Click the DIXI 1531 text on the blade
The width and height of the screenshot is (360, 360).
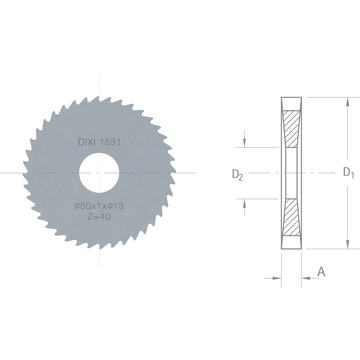coord(99,142)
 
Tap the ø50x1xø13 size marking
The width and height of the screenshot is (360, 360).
coord(99,206)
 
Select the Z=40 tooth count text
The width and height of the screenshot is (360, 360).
coord(99,217)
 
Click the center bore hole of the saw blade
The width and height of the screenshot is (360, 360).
coord(99,173)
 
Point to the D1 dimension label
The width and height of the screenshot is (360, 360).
coord(349,172)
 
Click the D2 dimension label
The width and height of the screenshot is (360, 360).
coord(237,175)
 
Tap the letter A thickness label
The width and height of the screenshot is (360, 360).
coord(321,272)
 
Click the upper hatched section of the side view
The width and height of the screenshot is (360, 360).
coord(292,129)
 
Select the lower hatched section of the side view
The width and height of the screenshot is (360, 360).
coord(292,217)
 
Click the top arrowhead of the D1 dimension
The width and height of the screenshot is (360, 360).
coord(348,102)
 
